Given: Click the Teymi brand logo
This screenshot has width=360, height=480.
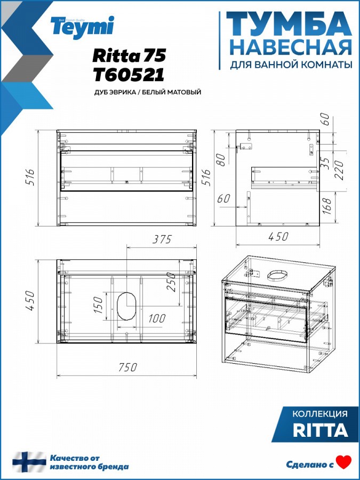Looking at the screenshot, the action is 83,27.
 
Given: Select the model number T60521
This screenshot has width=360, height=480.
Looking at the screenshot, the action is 129,75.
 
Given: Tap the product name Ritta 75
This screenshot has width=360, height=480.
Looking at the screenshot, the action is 129,55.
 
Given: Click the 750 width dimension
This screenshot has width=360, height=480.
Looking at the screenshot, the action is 127,367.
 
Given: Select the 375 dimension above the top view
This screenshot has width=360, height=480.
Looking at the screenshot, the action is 162,239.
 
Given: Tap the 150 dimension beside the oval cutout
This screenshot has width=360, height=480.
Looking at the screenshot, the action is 98,305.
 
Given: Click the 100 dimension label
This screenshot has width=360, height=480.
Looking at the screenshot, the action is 157,318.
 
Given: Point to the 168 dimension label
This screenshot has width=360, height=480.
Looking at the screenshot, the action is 326,206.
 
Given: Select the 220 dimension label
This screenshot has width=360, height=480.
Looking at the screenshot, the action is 340,170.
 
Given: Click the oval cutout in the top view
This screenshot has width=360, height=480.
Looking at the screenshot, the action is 126,306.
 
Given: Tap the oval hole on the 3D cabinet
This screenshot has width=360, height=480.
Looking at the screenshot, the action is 278,275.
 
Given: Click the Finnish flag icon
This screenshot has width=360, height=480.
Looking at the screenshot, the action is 29,462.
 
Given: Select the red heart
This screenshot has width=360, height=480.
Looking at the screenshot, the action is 344,462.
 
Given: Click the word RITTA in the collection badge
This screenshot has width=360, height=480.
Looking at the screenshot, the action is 321,430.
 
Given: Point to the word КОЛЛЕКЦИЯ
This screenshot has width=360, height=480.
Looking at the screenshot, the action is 320,414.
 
